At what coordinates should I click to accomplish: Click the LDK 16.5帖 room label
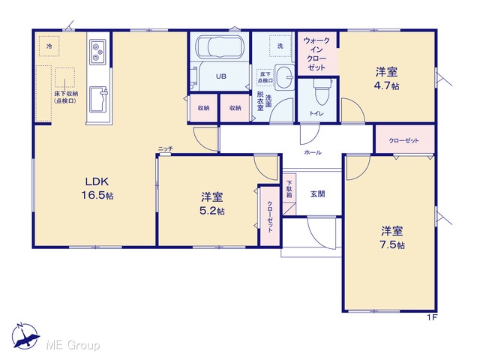97,188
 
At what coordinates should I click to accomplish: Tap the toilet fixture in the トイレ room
322,91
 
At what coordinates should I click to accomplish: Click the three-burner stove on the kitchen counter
98,52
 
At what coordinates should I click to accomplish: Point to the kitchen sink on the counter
98,100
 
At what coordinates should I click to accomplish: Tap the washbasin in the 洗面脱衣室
283,76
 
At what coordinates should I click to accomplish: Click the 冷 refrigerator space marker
49,46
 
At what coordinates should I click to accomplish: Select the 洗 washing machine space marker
280,46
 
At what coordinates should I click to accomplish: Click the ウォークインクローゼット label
316,54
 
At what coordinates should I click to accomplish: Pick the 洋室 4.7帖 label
387,79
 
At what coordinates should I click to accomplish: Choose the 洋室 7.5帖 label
392,238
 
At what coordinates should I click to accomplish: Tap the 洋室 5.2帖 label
211,203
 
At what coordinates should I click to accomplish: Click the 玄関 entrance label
318,194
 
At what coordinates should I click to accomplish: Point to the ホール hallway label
313,152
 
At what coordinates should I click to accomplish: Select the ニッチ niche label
166,148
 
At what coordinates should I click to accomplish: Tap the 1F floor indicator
432,318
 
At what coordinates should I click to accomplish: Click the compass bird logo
25,335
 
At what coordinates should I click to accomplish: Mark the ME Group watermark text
73,345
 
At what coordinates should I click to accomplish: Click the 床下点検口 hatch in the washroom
265,77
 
